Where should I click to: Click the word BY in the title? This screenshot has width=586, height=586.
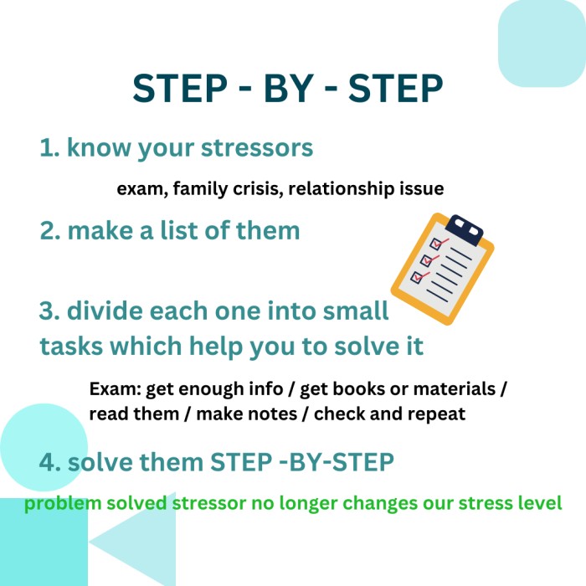[x=289, y=88]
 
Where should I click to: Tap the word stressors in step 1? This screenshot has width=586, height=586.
[x=257, y=147]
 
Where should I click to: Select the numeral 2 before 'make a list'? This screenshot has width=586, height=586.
[x=48, y=230]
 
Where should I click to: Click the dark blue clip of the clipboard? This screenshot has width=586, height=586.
[x=464, y=229]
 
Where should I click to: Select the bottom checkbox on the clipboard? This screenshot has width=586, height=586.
[x=417, y=277]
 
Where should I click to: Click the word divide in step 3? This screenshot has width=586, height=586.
[x=105, y=311]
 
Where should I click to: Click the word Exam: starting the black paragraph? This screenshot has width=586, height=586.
[x=116, y=388]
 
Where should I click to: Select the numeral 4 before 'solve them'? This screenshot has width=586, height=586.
[x=48, y=462]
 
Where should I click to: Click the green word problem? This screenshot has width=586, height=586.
[x=63, y=504]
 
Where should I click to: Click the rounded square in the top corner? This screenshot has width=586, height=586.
[x=542, y=44]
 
